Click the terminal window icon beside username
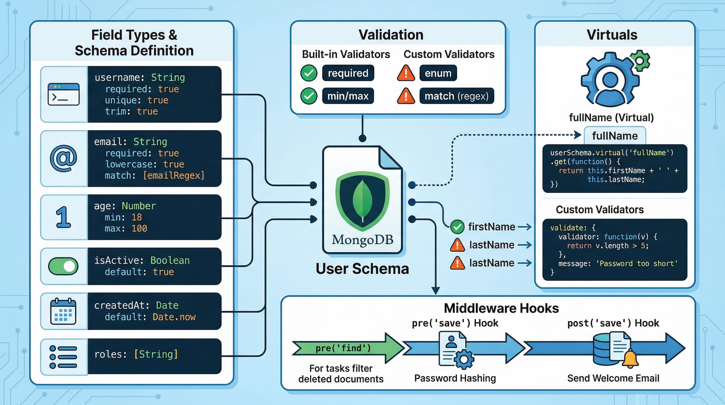[63, 94]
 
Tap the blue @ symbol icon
[63, 159]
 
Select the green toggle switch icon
[63, 266]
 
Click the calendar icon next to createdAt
[63, 311]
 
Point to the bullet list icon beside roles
[63, 357]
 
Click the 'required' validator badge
[348, 73]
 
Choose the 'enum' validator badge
[438, 73]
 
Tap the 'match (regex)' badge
[456, 96]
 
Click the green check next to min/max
[309, 96]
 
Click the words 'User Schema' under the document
[362, 269]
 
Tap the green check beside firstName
[457, 227]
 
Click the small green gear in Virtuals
[640, 60]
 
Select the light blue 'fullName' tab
[615, 136]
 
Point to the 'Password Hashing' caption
[455, 378]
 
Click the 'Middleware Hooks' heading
[501, 308]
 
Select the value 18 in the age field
[137, 217]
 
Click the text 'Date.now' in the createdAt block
[174, 317]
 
